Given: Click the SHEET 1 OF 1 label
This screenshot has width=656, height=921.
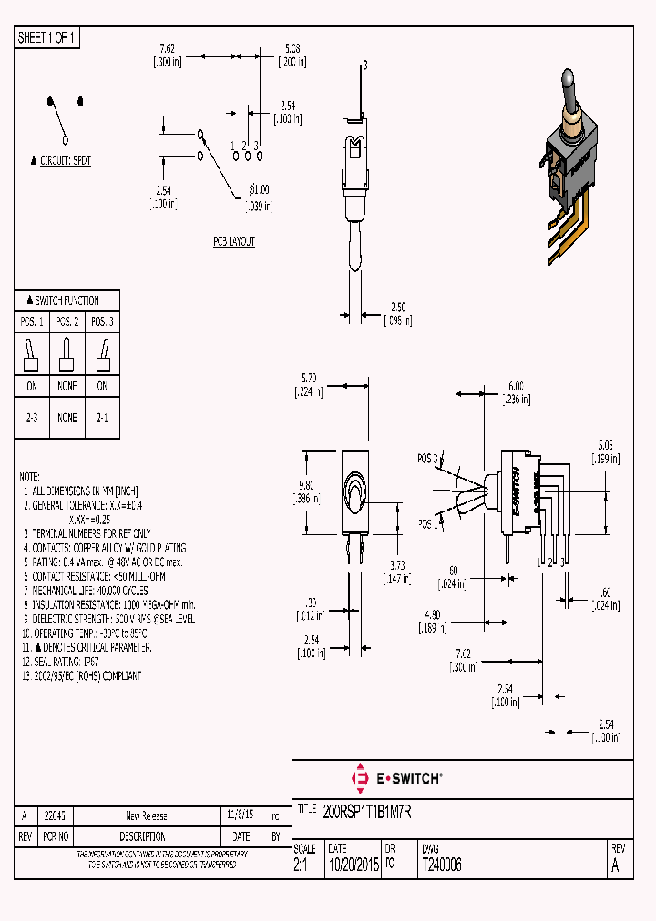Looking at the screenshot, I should click(x=47, y=38).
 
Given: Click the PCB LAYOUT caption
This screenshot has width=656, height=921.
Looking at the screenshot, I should click(x=234, y=242).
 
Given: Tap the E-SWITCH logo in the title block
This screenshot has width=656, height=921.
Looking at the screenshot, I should click(x=396, y=778).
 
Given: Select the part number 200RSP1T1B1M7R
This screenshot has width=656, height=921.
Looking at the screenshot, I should click(x=367, y=812).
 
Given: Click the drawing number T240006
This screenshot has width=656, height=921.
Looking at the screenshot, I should click(x=441, y=866).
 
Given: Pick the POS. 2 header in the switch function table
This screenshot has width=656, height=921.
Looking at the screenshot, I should click(x=67, y=322).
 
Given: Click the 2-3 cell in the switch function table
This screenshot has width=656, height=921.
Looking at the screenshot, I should click(x=32, y=419).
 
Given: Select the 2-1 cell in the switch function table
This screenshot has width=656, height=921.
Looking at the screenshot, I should click(x=103, y=419).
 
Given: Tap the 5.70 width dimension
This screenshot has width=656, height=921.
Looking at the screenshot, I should click(x=309, y=377).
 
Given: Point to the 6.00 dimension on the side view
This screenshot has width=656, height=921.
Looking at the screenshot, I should click(x=516, y=385).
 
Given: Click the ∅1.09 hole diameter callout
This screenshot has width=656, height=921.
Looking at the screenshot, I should click(x=260, y=189).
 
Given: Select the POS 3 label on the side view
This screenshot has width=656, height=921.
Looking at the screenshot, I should click(x=428, y=458).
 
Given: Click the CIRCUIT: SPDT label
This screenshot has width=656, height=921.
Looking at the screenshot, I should click(x=67, y=160).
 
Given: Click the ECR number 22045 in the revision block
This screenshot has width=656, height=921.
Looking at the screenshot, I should click(x=55, y=816).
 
